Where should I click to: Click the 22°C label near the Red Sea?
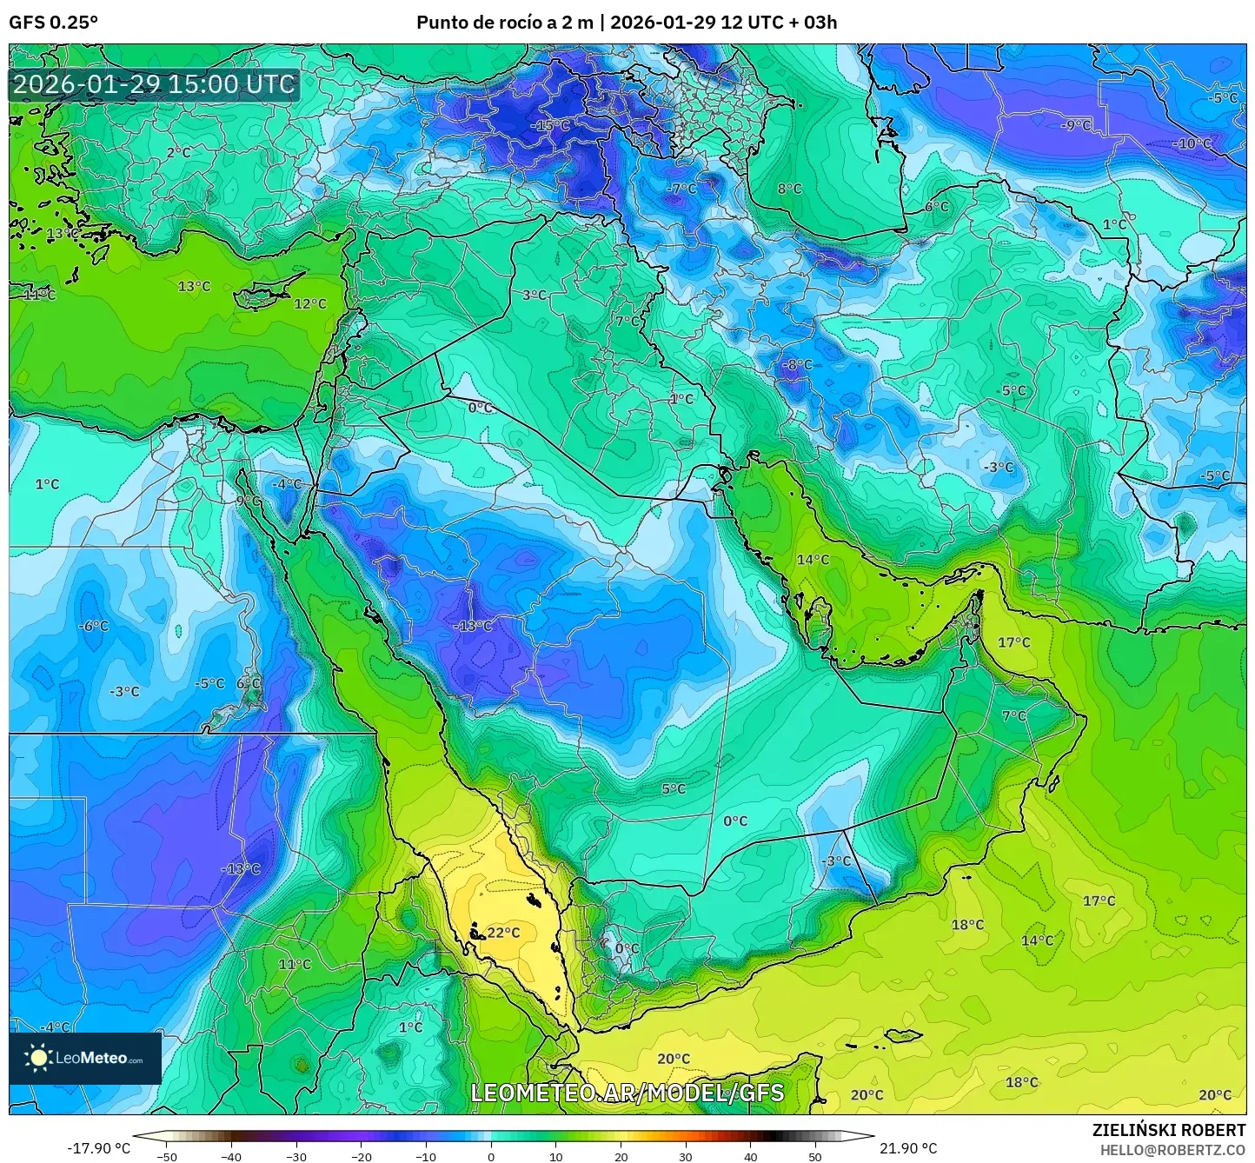[x=503, y=933]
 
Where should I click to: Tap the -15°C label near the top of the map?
[x=550, y=125]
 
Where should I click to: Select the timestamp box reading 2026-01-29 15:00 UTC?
[x=154, y=84]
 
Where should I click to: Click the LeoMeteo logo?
[x=85, y=1058]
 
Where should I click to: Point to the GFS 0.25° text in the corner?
[x=53, y=23]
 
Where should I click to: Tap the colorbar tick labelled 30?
[x=686, y=1156]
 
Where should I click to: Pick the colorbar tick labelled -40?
[x=231, y=1156]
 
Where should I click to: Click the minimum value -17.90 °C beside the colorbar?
[x=98, y=1148]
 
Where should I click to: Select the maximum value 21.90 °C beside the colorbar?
[x=908, y=1148]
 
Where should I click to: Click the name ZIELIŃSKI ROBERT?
[x=1169, y=1130]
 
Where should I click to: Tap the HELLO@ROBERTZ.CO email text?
[x=1172, y=1150]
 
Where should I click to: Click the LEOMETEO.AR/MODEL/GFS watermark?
[x=627, y=1093]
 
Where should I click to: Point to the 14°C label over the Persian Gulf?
[x=813, y=560]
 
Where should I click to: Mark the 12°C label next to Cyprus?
[x=310, y=303]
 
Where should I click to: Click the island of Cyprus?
[x=265, y=291]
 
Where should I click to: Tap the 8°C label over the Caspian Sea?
[x=789, y=189]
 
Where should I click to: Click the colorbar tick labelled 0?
[x=491, y=1156]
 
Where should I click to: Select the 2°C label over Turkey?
[x=178, y=152]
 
